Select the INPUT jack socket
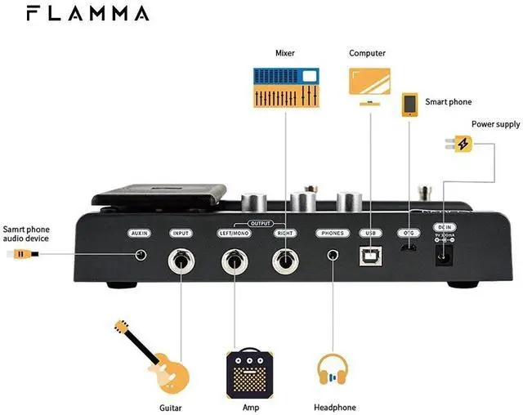[181, 261]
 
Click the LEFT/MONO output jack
[234, 261]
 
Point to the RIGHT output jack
[285, 261]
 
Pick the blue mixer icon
[285, 88]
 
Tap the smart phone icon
[410, 105]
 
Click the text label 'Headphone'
[335, 407]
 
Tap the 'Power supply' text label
[495, 125]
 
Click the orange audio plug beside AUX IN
[20, 255]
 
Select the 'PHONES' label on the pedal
[333, 233]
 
